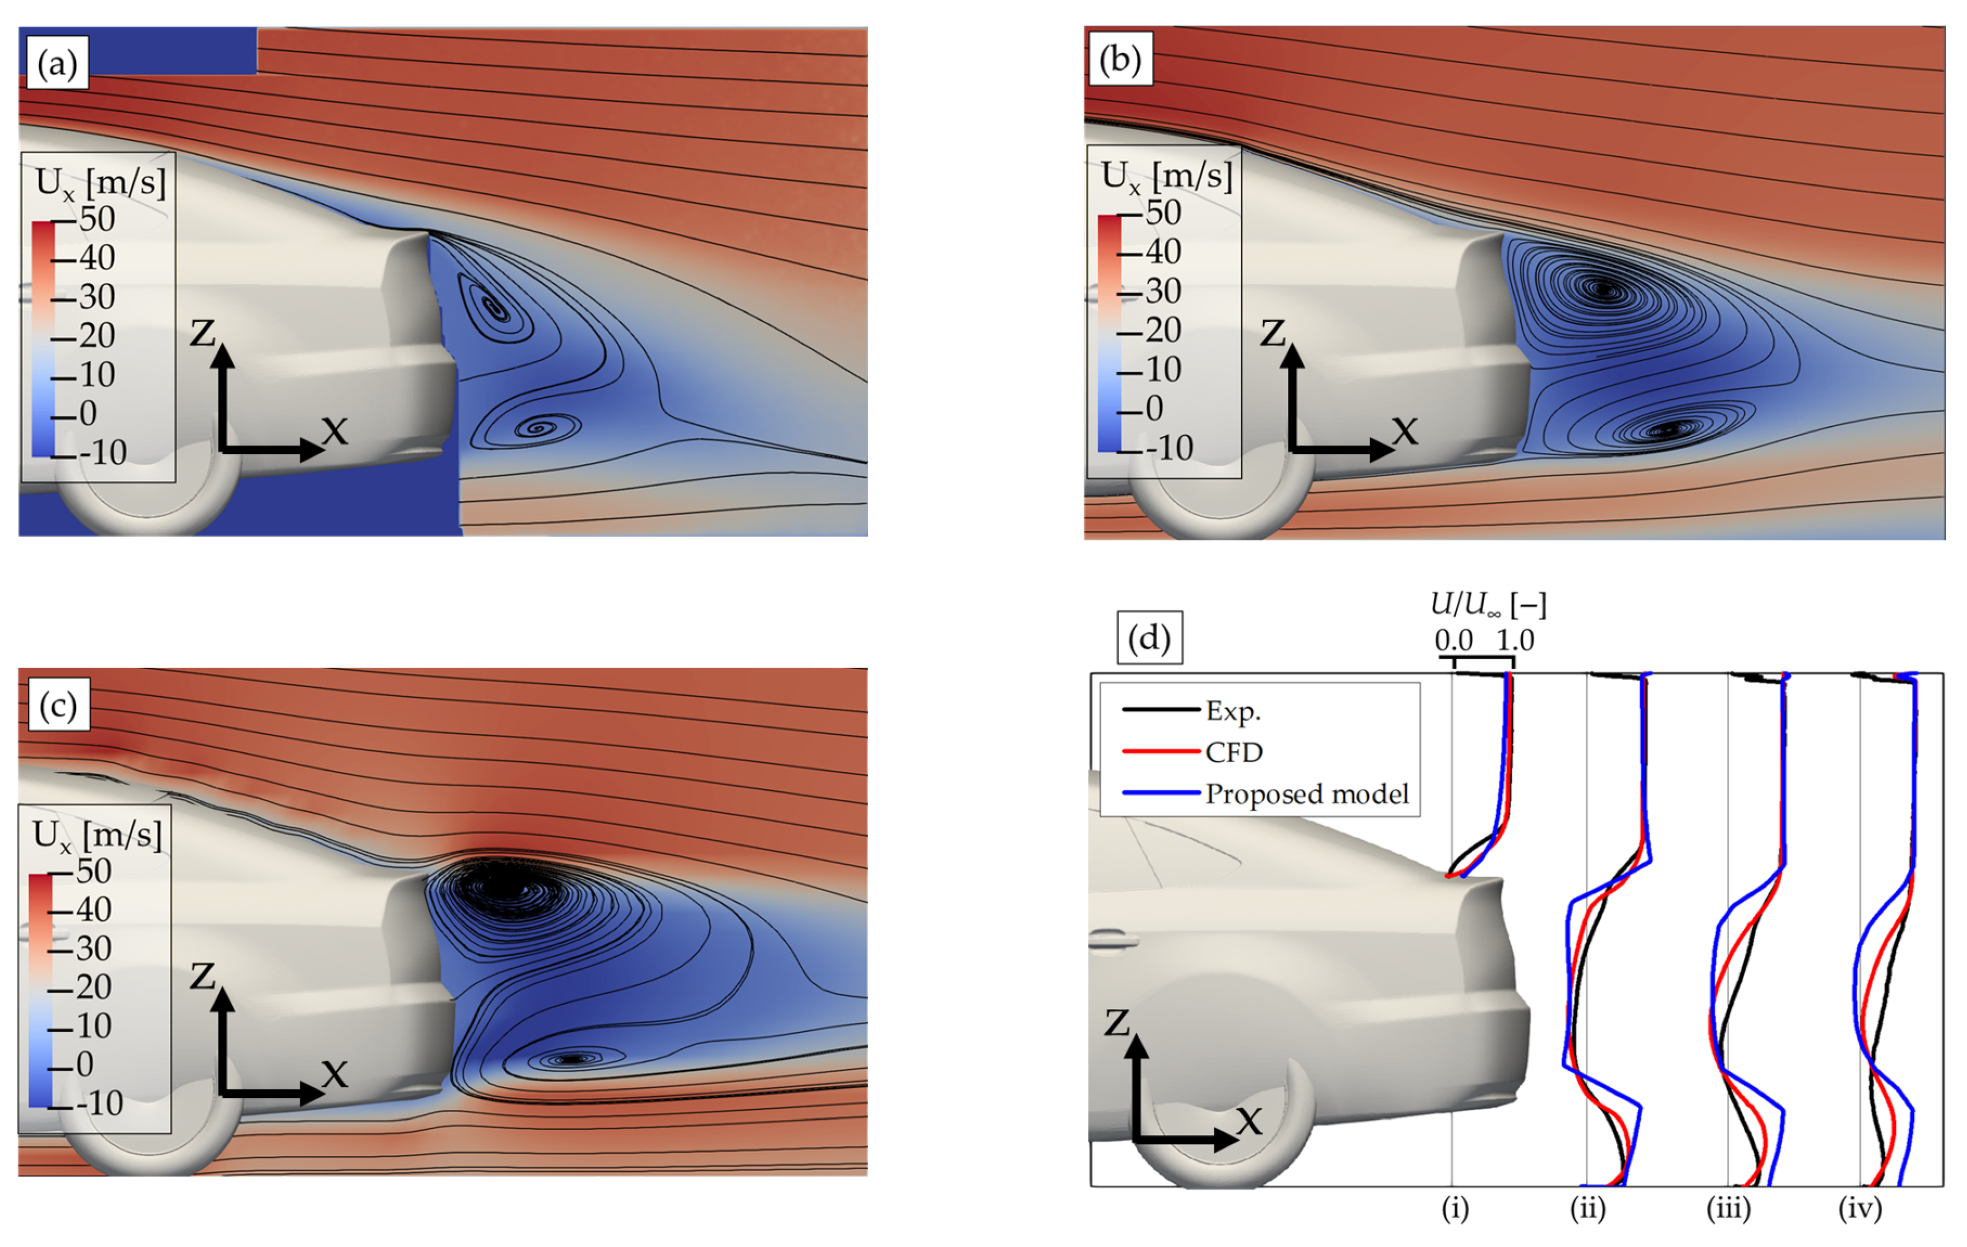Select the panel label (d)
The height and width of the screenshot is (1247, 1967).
1149,638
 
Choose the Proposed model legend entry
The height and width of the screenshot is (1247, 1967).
1307,794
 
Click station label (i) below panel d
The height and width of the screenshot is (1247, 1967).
1455,1207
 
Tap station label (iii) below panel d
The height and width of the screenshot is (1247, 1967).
1728,1207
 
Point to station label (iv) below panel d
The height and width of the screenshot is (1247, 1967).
1860,1207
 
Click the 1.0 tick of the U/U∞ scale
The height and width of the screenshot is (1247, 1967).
1515,640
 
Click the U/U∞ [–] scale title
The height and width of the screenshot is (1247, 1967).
1489,604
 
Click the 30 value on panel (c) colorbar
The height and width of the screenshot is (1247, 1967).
93,948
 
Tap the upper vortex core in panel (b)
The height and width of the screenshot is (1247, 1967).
1603,288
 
